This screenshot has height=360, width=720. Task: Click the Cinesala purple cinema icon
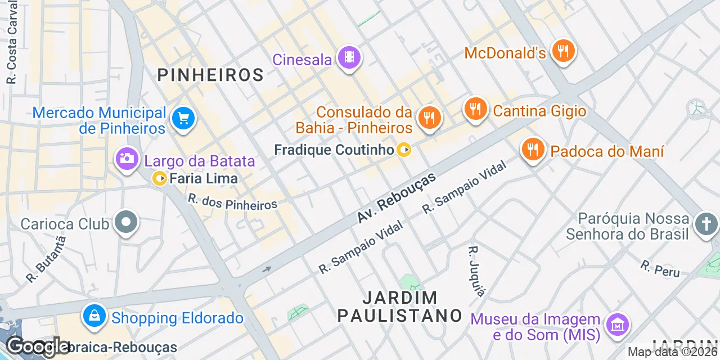tap(349, 57)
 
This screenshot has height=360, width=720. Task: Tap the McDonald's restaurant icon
tap(562, 52)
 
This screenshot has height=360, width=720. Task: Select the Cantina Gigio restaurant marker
tap(476, 109)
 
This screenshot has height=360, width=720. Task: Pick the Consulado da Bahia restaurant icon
tap(430, 118)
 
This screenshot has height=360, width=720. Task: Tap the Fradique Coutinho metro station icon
tap(404, 150)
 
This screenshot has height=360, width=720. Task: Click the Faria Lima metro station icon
tap(160, 179)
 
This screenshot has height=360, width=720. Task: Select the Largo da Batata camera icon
tap(127, 159)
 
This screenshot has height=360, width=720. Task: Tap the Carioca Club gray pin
tap(126, 222)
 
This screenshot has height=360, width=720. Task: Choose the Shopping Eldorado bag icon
tap(94, 316)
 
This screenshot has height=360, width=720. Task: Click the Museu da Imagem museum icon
tap(617, 325)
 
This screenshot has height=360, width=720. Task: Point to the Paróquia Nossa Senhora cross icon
tap(705, 224)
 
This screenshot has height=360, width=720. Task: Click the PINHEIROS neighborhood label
tap(210, 75)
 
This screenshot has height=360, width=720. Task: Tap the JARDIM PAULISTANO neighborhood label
tap(399, 307)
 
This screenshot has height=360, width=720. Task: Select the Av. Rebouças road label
tap(397, 197)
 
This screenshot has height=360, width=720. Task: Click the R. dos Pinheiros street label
tap(232, 202)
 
